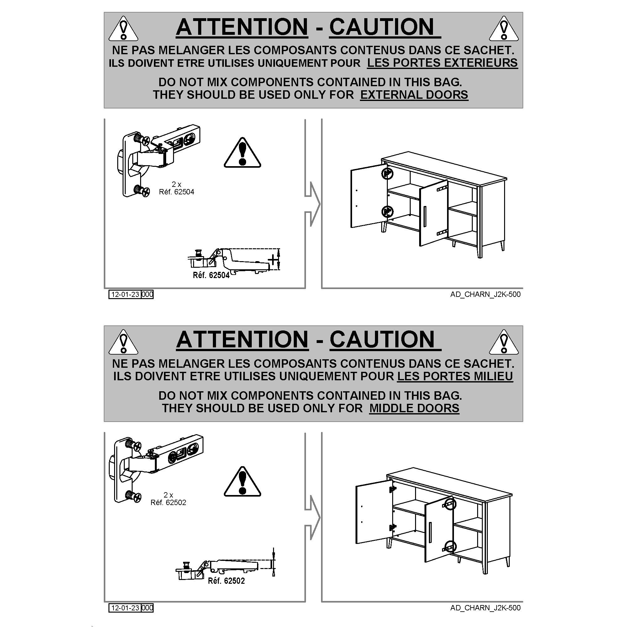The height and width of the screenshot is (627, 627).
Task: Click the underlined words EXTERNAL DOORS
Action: (x=414, y=95)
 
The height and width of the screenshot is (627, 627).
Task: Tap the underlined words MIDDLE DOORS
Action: (x=414, y=408)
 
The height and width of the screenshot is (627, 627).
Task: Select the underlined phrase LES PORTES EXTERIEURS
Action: (x=442, y=63)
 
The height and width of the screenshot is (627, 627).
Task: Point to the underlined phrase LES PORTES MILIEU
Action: (x=455, y=376)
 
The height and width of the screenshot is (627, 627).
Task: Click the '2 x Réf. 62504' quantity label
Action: (x=177, y=188)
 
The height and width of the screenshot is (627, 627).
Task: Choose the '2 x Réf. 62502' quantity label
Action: (x=168, y=499)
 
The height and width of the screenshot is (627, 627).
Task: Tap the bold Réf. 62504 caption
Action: (x=211, y=275)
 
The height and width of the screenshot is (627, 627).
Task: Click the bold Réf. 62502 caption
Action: (x=226, y=581)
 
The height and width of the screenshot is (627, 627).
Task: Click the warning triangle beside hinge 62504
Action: (x=242, y=153)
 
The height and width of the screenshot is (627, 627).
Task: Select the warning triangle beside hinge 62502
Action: (x=242, y=482)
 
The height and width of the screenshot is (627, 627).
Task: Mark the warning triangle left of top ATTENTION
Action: (x=123, y=29)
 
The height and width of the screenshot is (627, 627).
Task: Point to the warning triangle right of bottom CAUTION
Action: (x=504, y=342)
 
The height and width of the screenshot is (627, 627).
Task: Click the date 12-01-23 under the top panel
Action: (x=125, y=294)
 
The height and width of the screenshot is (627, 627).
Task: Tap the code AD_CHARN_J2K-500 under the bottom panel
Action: (x=485, y=608)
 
